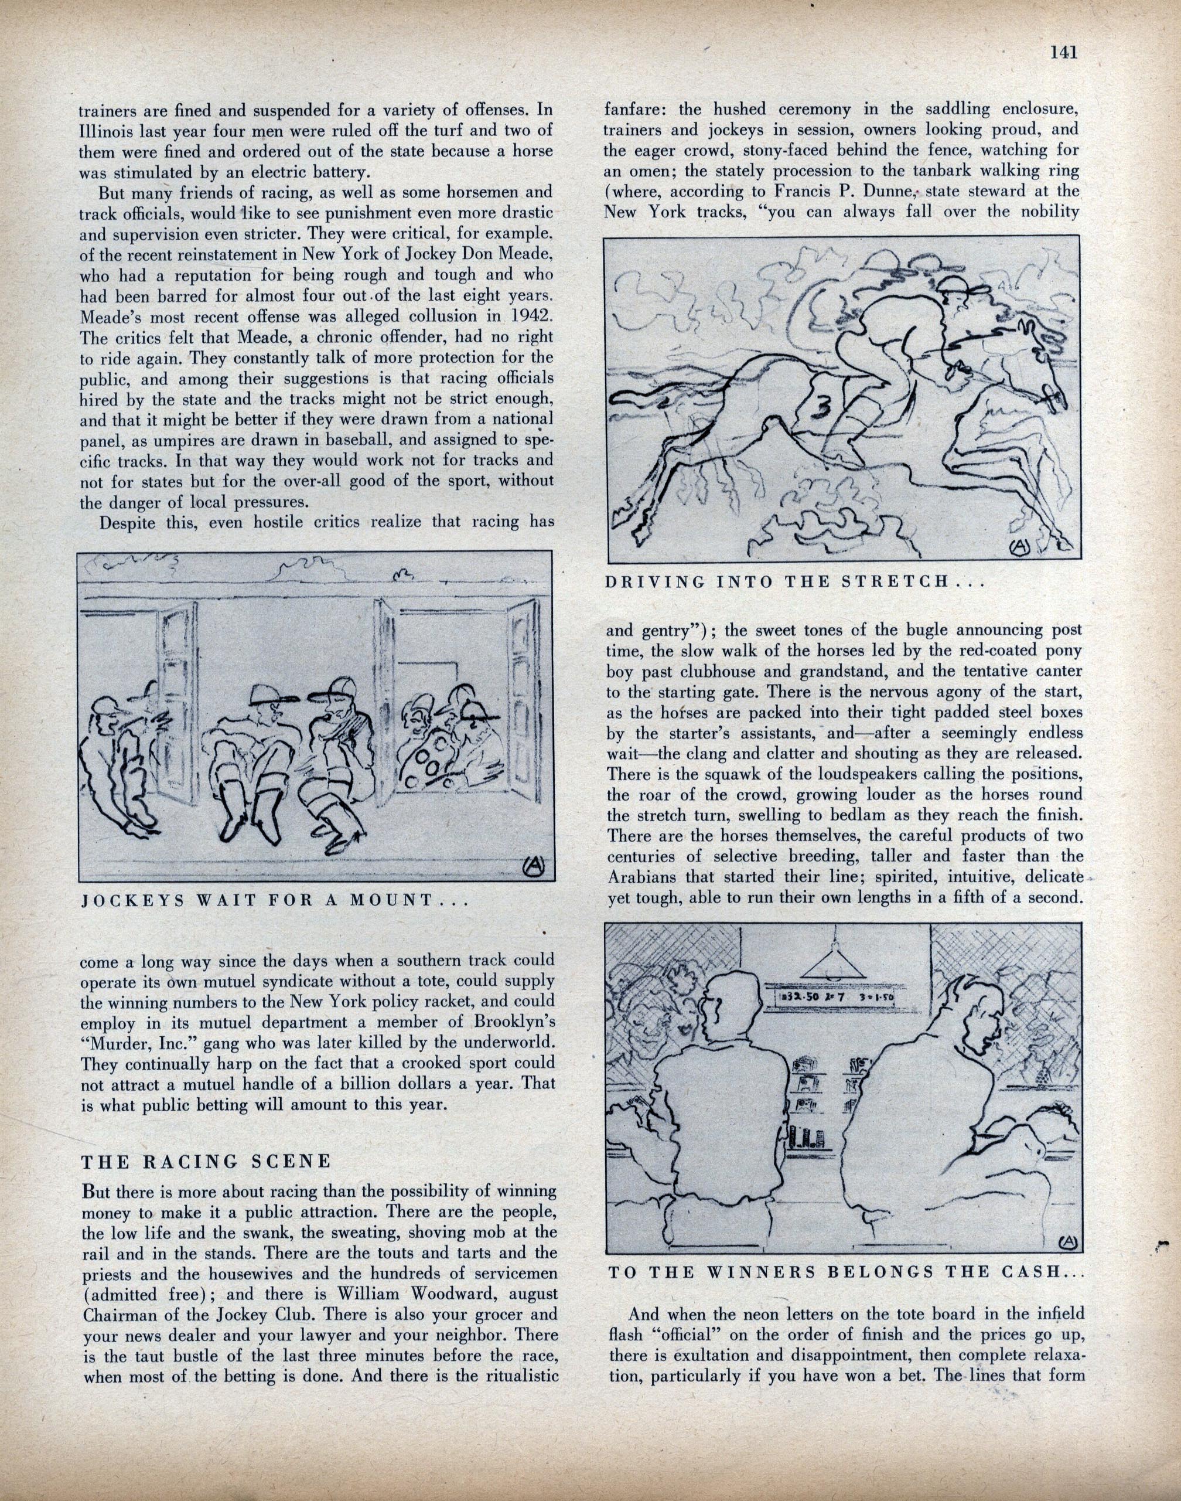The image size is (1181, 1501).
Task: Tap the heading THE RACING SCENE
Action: point(206,1160)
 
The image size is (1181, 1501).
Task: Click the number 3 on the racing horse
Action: point(819,410)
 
